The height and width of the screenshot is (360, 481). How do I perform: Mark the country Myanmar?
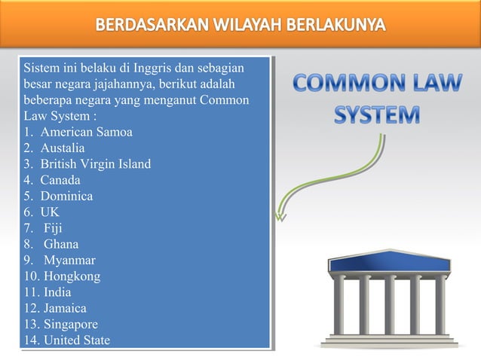click(x=65, y=261)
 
